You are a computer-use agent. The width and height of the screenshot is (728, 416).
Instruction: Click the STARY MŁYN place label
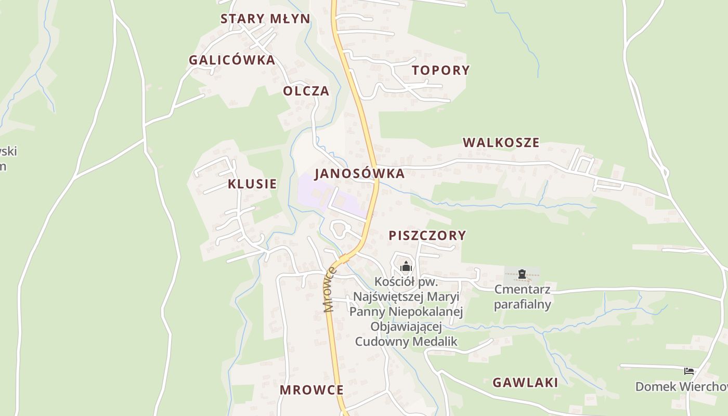[265, 19]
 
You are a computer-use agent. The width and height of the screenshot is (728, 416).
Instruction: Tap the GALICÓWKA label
[232, 60]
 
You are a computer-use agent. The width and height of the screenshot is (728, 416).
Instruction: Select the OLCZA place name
[306, 91]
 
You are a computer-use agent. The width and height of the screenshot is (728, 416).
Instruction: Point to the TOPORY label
[441, 70]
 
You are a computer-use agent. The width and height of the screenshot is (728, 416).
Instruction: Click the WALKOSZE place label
[501, 142]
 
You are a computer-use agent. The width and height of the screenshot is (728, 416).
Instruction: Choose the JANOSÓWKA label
[359, 174]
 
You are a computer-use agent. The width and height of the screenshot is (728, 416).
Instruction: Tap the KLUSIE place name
[252, 184]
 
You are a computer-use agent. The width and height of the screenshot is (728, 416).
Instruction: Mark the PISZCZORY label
[427, 236]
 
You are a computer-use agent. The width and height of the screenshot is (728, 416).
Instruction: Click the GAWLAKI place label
[525, 383]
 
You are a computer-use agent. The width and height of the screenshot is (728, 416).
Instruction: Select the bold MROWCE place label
[311, 390]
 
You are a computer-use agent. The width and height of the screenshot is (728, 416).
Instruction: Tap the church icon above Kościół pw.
[406, 267]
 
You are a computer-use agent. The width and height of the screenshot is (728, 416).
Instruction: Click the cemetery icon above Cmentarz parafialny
[522, 274]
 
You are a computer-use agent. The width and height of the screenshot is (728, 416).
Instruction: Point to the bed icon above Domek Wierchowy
[689, 371]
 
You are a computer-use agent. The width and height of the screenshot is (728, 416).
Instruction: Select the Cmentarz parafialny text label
[522, 296]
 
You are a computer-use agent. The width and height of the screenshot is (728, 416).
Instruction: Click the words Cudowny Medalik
[406, 341]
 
